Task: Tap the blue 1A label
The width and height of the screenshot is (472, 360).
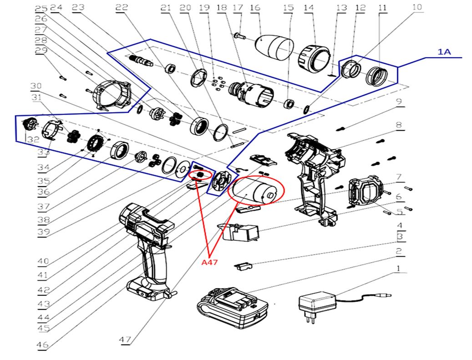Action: coord(444,52)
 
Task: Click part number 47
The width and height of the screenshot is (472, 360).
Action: coord(126,340)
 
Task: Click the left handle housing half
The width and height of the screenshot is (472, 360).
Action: coord(148,246)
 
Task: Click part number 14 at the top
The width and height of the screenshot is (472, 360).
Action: coord(309,8)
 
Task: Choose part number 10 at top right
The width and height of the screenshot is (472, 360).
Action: coord(417,8)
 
